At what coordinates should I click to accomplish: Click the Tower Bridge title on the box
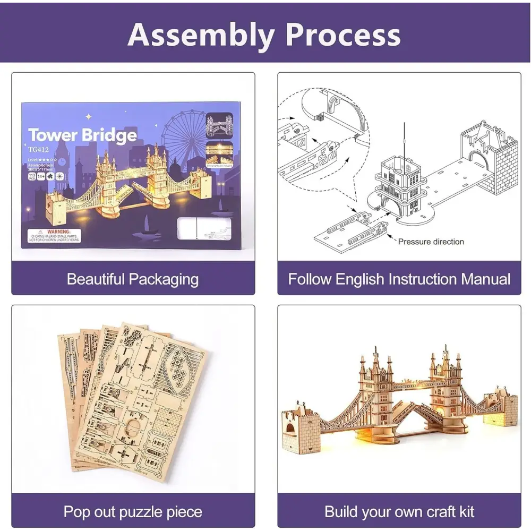pos(82,135)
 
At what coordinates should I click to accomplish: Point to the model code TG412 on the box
pos(38,150)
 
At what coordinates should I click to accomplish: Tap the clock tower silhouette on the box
pos(63,162)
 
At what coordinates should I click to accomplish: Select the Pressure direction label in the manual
pos(431,242)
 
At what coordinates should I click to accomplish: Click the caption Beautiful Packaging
pos(133,279)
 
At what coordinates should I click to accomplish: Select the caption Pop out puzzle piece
pos(133,512)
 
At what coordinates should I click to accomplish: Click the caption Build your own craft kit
pos(399,512)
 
